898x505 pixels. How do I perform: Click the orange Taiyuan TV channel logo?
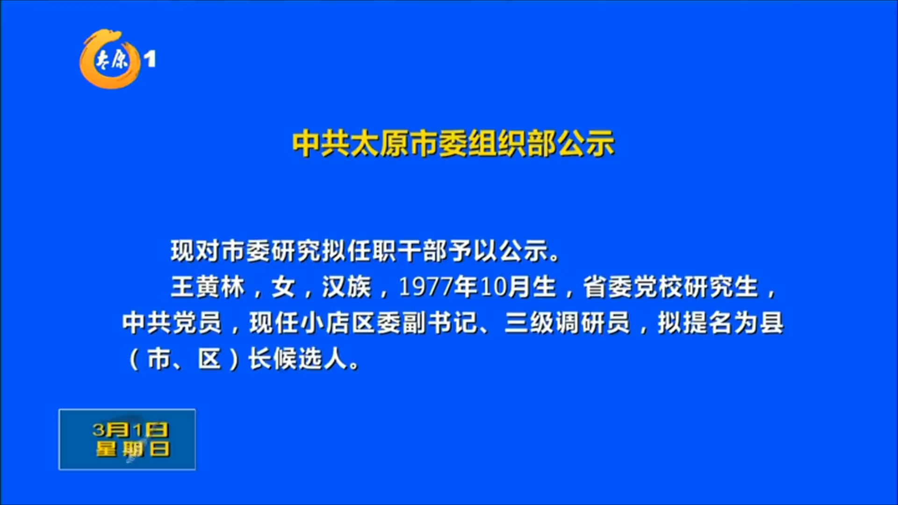(x=110, y=59)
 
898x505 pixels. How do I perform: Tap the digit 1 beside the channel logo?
(x=150, y=59)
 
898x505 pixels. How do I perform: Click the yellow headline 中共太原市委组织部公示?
(x=453, y=143)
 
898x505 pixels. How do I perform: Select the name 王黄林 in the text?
(x=208, y=287)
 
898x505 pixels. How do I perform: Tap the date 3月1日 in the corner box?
(x=130, y=430)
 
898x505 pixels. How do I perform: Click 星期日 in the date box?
(x=133, y=449)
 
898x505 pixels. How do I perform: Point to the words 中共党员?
(x=172, y=323)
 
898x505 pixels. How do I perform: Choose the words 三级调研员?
(x=567, y=323)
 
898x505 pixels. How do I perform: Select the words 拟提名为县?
(x=720, y=323)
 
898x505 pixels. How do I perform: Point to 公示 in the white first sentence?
(x=524, y=251)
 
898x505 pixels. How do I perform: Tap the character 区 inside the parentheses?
(x=209, y=359)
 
